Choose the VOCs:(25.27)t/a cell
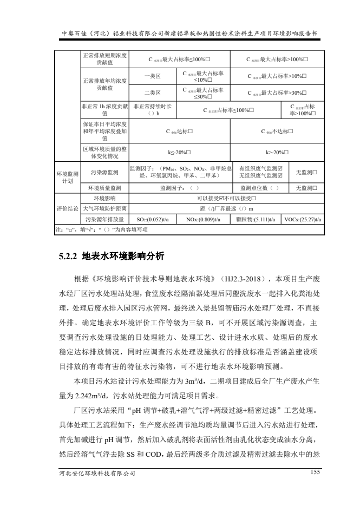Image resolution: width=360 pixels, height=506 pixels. (x=304, y=220)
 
